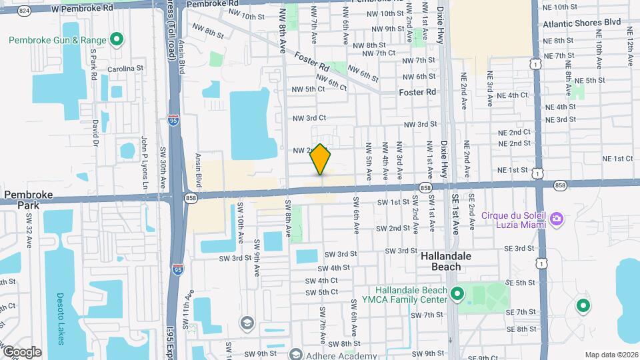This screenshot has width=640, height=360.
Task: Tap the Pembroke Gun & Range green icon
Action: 117,40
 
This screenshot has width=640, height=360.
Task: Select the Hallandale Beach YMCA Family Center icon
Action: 457,294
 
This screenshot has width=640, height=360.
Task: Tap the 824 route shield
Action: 25,11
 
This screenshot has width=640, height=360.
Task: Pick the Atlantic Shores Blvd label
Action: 581,23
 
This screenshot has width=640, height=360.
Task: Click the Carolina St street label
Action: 125,69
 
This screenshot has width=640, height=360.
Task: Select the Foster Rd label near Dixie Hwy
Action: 417,92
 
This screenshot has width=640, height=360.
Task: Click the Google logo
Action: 21,352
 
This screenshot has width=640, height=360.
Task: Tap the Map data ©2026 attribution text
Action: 611,355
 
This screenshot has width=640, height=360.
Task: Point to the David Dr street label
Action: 96,133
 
